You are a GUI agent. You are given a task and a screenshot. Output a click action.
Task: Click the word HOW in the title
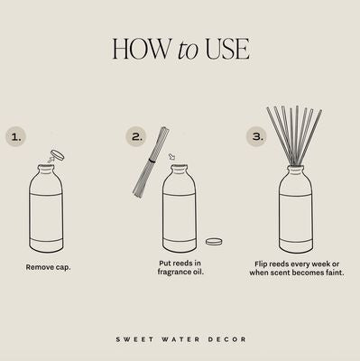coord(141,48)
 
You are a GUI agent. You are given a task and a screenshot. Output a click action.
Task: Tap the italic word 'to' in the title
coord(188,50)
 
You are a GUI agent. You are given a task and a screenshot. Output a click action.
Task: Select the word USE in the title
coord(227,48)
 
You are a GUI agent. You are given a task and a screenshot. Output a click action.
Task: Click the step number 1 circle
coord(16,137)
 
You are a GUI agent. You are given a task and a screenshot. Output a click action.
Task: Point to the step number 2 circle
coord(136,137)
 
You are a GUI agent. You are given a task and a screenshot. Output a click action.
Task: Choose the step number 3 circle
coord(257,137)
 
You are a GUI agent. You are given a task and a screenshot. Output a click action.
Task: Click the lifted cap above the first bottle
coord(58,154)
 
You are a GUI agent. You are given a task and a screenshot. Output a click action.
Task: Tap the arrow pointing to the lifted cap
coord(51,160)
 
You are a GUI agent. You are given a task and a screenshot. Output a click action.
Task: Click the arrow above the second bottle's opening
coord(172,157)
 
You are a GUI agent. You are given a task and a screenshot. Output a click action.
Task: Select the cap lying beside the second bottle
coord(214,241)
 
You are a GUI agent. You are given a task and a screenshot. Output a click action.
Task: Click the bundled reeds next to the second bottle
coord(151,162)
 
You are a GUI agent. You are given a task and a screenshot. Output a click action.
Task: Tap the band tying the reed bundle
coord(152,161)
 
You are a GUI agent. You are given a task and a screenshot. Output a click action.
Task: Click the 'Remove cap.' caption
coord(48,267)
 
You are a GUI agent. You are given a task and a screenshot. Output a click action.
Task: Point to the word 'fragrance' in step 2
coord(174,272)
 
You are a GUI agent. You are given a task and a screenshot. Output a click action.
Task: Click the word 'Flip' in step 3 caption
coord(261,264)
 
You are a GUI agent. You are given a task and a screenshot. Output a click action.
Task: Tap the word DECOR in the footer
coord(227,339)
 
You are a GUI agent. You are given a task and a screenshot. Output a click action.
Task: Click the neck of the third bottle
coord(295,170)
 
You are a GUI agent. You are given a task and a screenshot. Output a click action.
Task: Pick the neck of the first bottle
coord(46,170)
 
